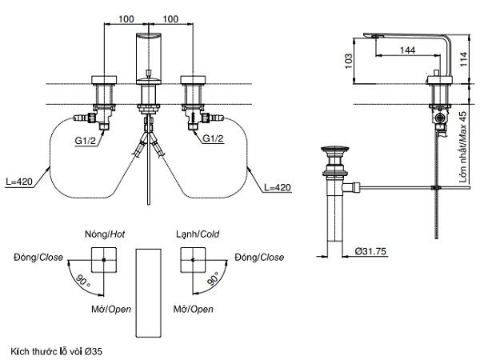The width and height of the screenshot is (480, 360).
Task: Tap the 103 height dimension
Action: tap(346, 60)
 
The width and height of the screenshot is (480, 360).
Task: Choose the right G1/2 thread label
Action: tap(213, 139)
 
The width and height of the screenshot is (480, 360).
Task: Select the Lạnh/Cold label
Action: tap(198, 234)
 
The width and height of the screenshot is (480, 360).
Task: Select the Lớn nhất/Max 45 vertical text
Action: tap(463, 148)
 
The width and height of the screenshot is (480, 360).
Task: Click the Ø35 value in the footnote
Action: tap(93, 351)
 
